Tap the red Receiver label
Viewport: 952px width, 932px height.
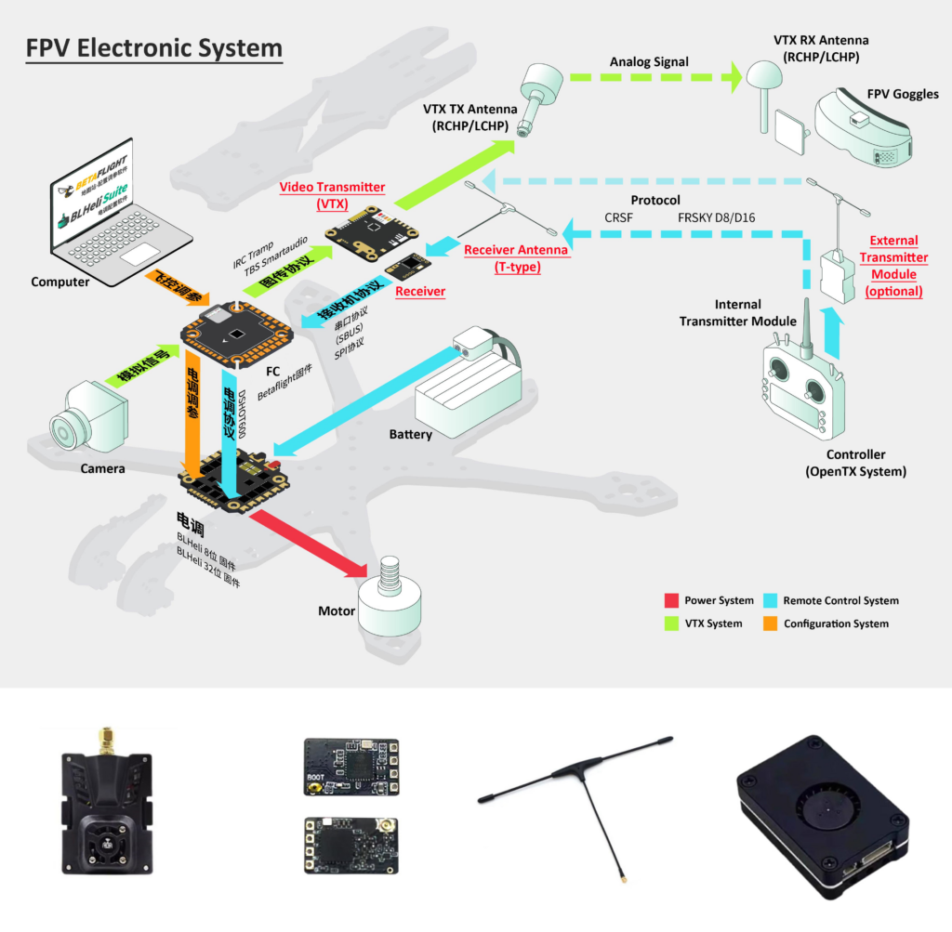[x=420, y=292]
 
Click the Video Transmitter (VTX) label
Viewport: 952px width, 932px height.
[x=332, y=196]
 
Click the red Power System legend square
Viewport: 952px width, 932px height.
[x=672, y=600]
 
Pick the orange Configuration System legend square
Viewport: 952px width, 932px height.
[x=771, y=624]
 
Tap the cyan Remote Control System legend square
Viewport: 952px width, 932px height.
[x=771, y=600]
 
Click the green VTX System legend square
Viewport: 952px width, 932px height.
[x=672, y=624]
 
